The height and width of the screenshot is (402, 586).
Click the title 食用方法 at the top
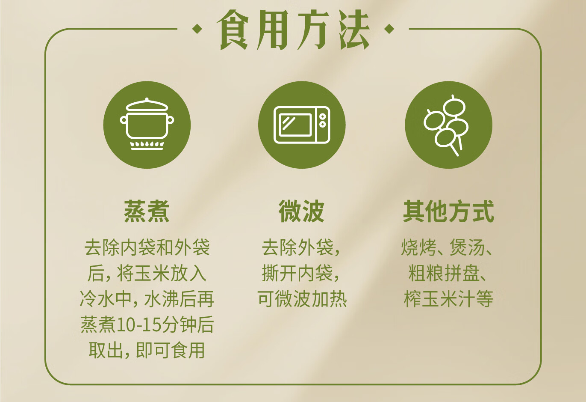pyautogui.click(x=293, y=30)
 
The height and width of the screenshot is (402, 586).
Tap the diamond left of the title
pyautogui.click(x=197, y=29)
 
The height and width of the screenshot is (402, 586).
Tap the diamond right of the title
pyautogui.click(x=389, y=29)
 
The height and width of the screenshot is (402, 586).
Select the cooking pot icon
pyautogui.click(x=147, y=124)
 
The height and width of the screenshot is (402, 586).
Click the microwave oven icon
pyautogui.click(x=302, y=125)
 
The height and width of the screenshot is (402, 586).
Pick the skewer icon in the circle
pyautogui.click(x=446, y=125)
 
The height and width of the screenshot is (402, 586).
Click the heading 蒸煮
pyautogui.click(x=147, y=211)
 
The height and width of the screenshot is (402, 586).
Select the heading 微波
pyautogui.click(x=302, y=211)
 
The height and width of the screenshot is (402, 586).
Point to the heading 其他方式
pyautogui.click(x=449, y=211)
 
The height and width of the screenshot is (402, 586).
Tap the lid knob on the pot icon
pyautogui.click(x=147, y=99)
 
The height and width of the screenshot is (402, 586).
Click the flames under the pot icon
pyautogui.click(x=147, y=144)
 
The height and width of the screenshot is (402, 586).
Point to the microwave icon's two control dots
pyautogui.click(x=323, y=120)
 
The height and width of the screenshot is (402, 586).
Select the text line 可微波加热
pyautogui.click(x=302, y=299)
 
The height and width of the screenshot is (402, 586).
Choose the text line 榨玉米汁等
pyautogui.click(x=448, y=299)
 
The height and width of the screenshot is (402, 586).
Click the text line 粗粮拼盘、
pyautogui.click(x=447, y=274)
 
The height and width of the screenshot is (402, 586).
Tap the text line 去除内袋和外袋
pyautogui.click(x=147, y=247)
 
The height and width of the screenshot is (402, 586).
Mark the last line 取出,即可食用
pyautogui.click(x=147, y=351)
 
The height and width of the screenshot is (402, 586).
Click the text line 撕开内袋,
pyautogui.click(x=300, y=274)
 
